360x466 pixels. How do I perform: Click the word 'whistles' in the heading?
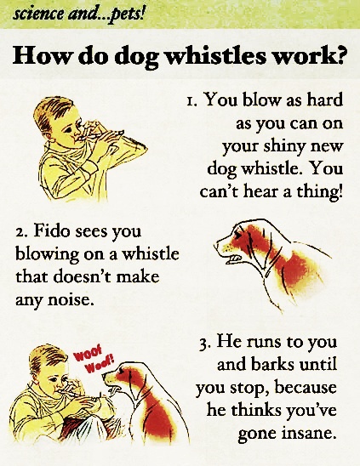pyautogui.click(x=214, y=55)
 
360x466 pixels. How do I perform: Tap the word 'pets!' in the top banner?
pyautogui.click(x=128, y=14)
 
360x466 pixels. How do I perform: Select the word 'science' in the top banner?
pyautogui.click(x=37, y=14)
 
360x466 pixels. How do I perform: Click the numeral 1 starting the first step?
pyautogui.click(x=191, y=100)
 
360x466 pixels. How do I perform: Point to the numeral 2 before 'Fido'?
pyautogui.click(x=20, y=232)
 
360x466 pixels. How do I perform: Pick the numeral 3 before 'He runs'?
pyautogui.click(x=203, y=345)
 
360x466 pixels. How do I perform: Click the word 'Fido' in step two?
pyautogui.click(x=51, y=230)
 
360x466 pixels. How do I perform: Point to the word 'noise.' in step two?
pyautogui.click(x=69, y=299)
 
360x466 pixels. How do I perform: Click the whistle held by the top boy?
pyautogui.click(x=89, y=135)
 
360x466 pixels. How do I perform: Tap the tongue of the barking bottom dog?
pyautogui.click(x=114, y=389)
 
